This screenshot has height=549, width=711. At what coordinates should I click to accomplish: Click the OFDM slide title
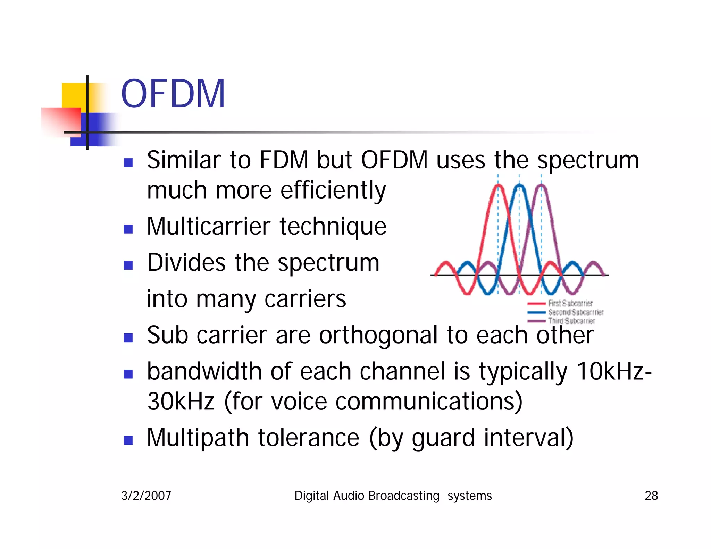[173, 94]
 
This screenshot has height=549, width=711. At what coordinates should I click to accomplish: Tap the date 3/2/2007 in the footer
[146, 496]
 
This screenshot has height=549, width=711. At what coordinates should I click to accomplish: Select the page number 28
[651, 496]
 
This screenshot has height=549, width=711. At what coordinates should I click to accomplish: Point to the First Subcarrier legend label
[570, 303]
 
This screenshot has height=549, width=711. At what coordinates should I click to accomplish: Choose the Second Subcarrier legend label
[576, 312]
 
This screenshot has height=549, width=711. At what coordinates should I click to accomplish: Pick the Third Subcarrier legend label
[571, 321]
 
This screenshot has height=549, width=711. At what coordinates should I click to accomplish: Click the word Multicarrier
[208, 226]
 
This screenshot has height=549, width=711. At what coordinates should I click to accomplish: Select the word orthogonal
[378, 335]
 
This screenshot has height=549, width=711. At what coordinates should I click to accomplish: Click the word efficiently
[333, 190]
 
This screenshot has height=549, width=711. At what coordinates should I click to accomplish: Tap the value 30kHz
[181, 401]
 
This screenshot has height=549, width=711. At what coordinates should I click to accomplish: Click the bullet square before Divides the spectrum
[128, 265]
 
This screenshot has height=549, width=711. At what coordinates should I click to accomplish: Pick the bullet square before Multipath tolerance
[128, 440]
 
